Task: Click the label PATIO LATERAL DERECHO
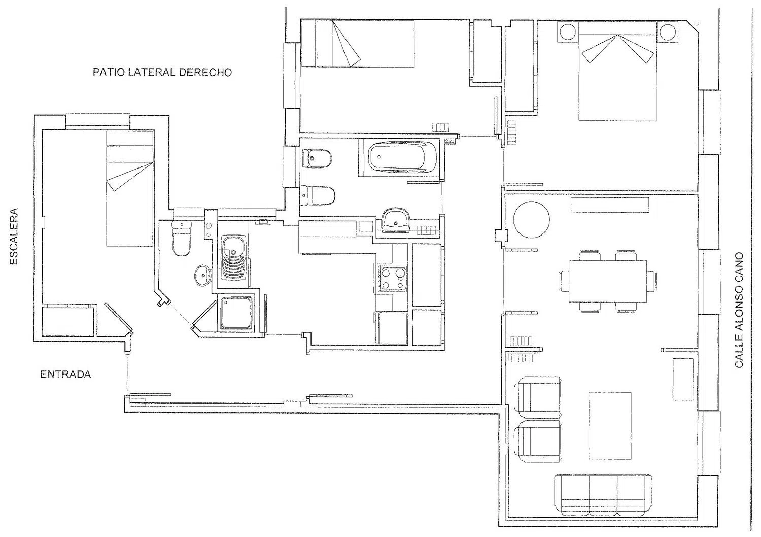click(x=162, y=72)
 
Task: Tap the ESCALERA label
click(x=14, y=236)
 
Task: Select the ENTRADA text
click(x=65, y=375)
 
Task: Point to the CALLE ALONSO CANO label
click(x=739, y=310)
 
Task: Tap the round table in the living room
click(x=531, y=220)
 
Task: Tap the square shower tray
click(x=236, y=313)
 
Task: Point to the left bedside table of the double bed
click(x=568, y=32)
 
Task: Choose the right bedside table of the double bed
click(x=667, y=32)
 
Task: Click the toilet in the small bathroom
click(x=182, y=238)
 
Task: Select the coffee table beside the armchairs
click(x=610, y=426)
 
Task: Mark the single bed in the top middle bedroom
click(x=358, y=44)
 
